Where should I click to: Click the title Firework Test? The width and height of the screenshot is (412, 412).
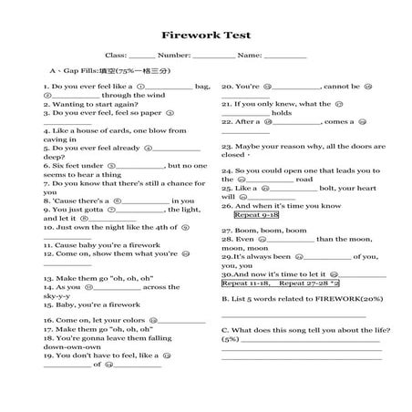click(x=206, y=36)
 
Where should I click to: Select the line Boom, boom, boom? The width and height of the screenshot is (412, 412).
click(x=252, y=231)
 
